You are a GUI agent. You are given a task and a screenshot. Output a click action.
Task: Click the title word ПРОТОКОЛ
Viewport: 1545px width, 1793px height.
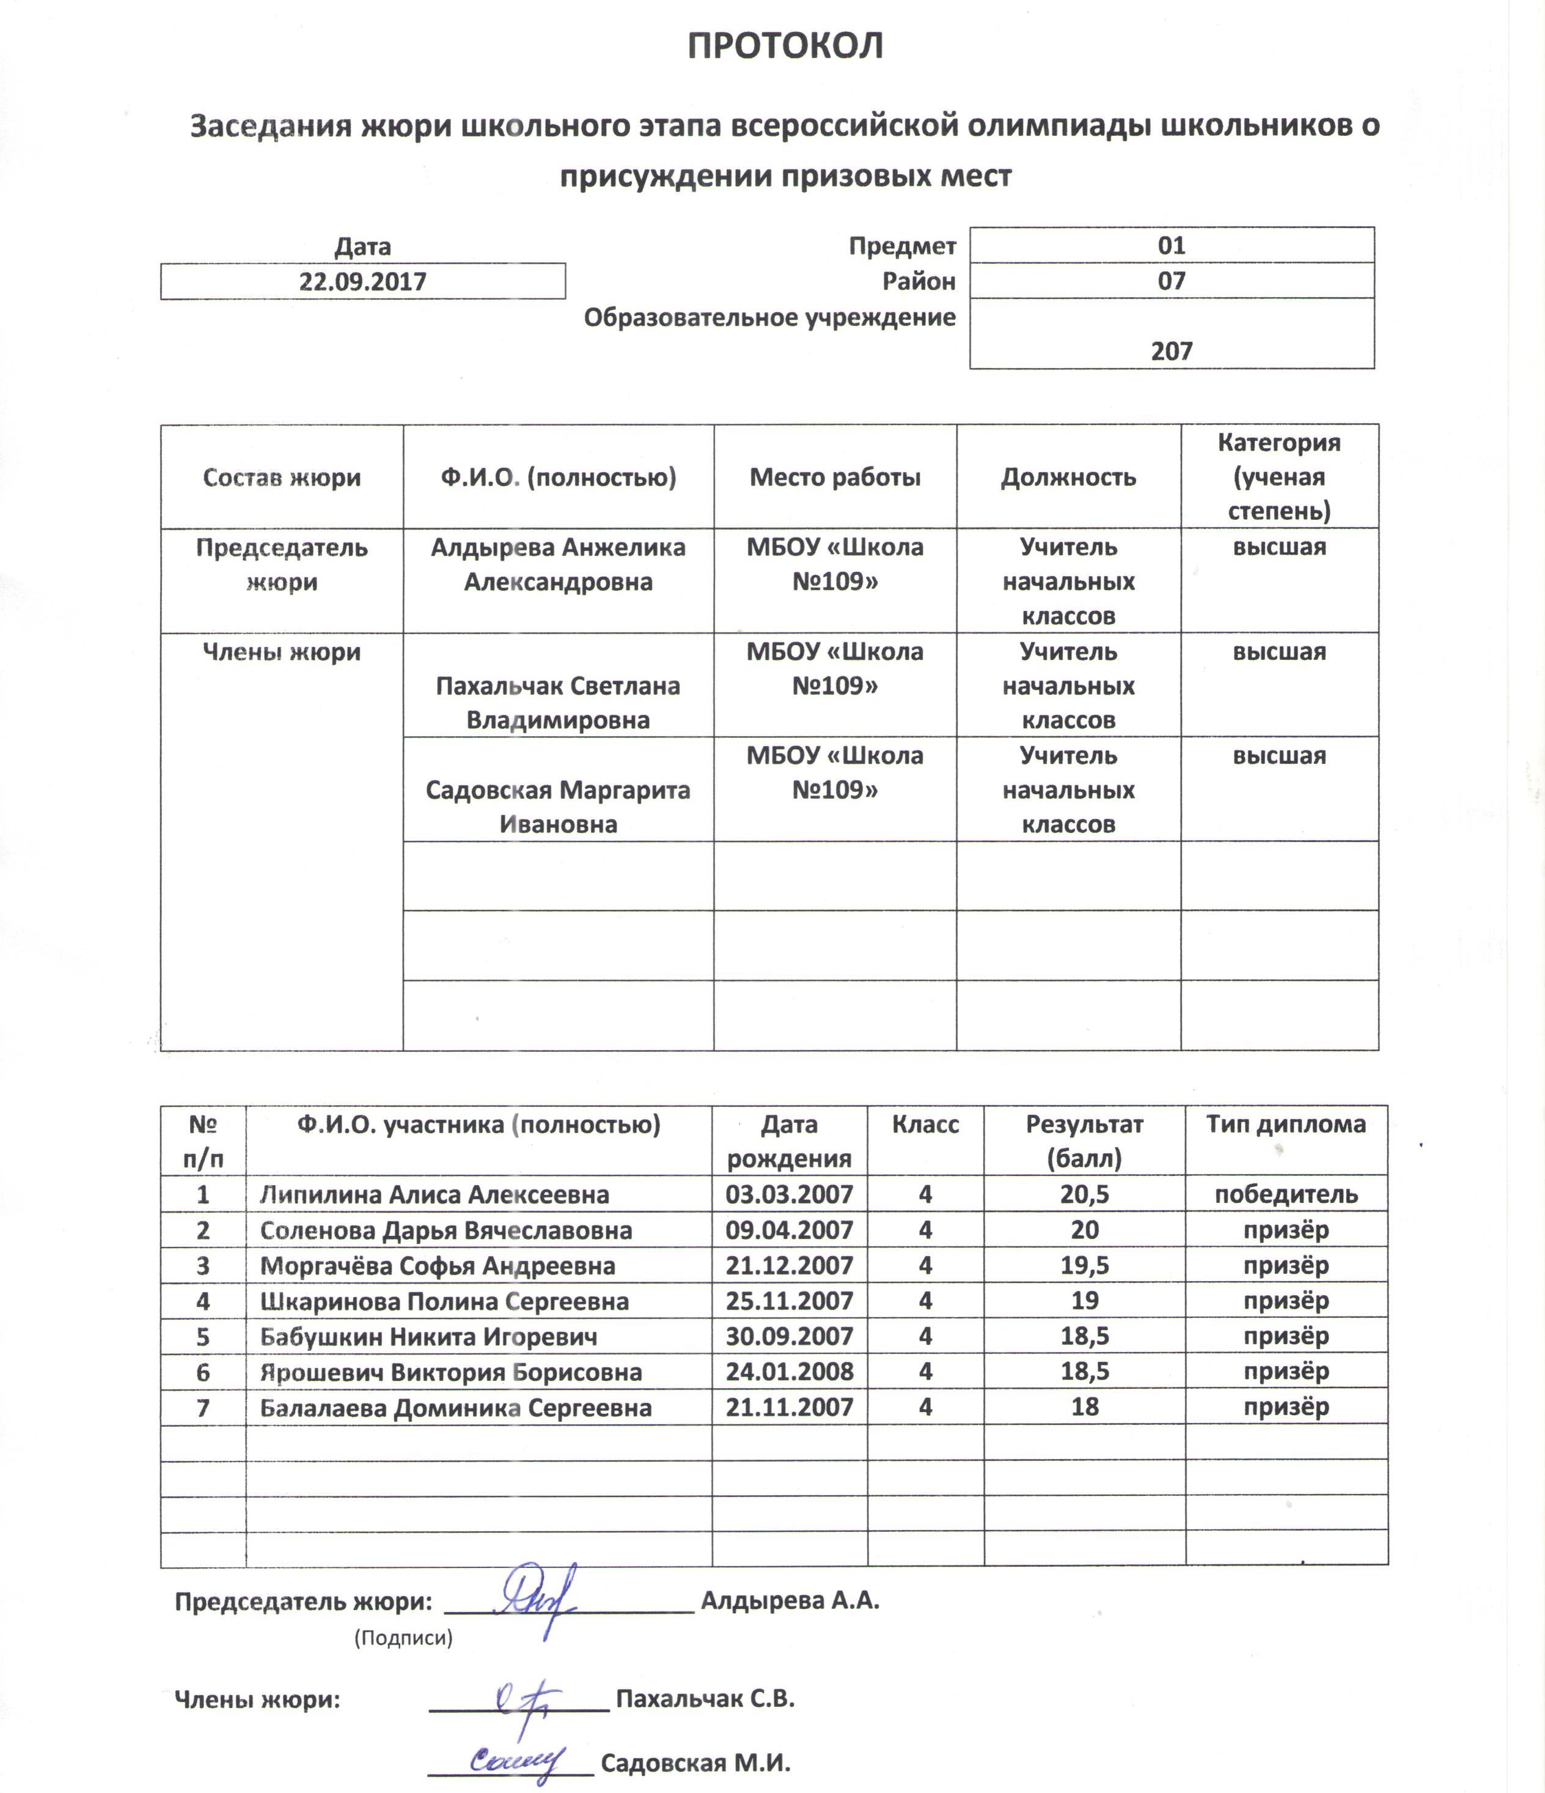point(785,46)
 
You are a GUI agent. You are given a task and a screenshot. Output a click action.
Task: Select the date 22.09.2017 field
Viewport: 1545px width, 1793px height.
point(362,282)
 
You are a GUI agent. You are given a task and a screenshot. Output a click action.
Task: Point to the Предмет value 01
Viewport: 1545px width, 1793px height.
point(1172,246)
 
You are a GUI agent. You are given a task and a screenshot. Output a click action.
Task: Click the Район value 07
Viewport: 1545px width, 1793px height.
point(1172,281)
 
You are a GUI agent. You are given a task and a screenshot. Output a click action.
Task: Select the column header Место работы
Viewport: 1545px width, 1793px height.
point(835,477)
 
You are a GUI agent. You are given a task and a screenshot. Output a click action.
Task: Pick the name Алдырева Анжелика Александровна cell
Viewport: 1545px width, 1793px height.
point(558,564)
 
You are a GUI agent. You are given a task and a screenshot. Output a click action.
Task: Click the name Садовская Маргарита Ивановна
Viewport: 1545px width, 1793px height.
point(558,807)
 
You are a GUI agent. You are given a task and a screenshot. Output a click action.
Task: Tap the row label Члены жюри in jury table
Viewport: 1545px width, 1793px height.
point(281,652)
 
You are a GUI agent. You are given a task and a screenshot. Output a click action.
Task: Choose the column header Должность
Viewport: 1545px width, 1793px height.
point(1068,477)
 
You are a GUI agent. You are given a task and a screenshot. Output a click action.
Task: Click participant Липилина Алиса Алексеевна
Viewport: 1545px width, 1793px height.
point(435,1195)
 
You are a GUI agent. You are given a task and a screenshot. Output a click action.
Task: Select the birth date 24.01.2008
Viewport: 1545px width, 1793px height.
point(789,1372)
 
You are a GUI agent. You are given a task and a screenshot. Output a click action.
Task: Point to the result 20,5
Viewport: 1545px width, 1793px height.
point(1084,1195)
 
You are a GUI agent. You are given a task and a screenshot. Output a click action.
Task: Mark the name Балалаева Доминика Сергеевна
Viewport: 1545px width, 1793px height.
point(456,1408)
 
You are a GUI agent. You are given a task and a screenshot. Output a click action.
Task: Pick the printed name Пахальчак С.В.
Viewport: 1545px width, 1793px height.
point(705,1699)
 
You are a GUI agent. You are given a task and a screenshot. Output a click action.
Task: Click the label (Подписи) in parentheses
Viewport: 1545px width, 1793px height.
point(403,1637)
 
